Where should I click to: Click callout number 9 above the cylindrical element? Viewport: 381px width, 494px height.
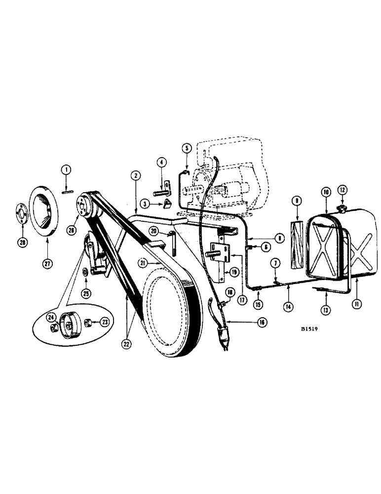[297, 202]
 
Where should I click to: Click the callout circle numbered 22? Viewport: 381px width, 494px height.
[127, 344]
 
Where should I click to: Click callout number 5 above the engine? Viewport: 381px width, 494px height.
[187, 147]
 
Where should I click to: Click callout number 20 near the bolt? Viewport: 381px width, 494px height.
[154, 231]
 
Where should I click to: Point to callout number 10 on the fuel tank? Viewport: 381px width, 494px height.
[325, 190]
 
